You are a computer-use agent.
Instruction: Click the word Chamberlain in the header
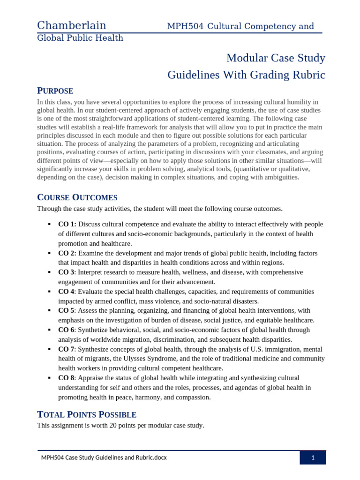pyautogui.click(x=72, y=26)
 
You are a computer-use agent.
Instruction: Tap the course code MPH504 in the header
pyautogui.click(x=185, y=26)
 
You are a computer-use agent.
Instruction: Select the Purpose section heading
pyautogui.click(x=55, y=91)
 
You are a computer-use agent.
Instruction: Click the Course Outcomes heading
pyautogui.click(x=77, y=197)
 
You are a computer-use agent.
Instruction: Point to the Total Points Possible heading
pyautogui.click(x=87, y=414)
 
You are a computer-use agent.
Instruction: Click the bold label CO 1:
pyautogui.click(x=67, y=224)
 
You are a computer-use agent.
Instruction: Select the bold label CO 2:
pyautogui.click(x=67, y=253)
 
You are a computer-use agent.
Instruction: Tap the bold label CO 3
pyautogui.click(x=66, y=272)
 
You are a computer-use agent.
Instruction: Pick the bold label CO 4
pyautogui.click(x=66, y=291)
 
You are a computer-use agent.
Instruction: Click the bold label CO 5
pyautogui.click(x=66, y=310)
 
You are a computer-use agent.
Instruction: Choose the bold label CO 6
pyautogui.click(x=66, y=330)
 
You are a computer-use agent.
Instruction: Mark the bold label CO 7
pyautogui.click(x=66, y=349)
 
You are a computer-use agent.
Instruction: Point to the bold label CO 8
pyautogui.click(x=66, y=378)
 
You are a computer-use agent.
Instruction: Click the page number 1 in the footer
pyautogui.click(x=313, y=457)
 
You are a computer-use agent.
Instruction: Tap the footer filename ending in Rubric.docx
pyautogui.click(x=104, y=457)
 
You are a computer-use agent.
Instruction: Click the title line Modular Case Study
pyautogui.click(x=276, y=58)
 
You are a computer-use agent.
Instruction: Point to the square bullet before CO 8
pyautogui.click(x=49, y=378)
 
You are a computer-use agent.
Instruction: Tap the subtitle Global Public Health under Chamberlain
pyautogui.click(x=80, y=38)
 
